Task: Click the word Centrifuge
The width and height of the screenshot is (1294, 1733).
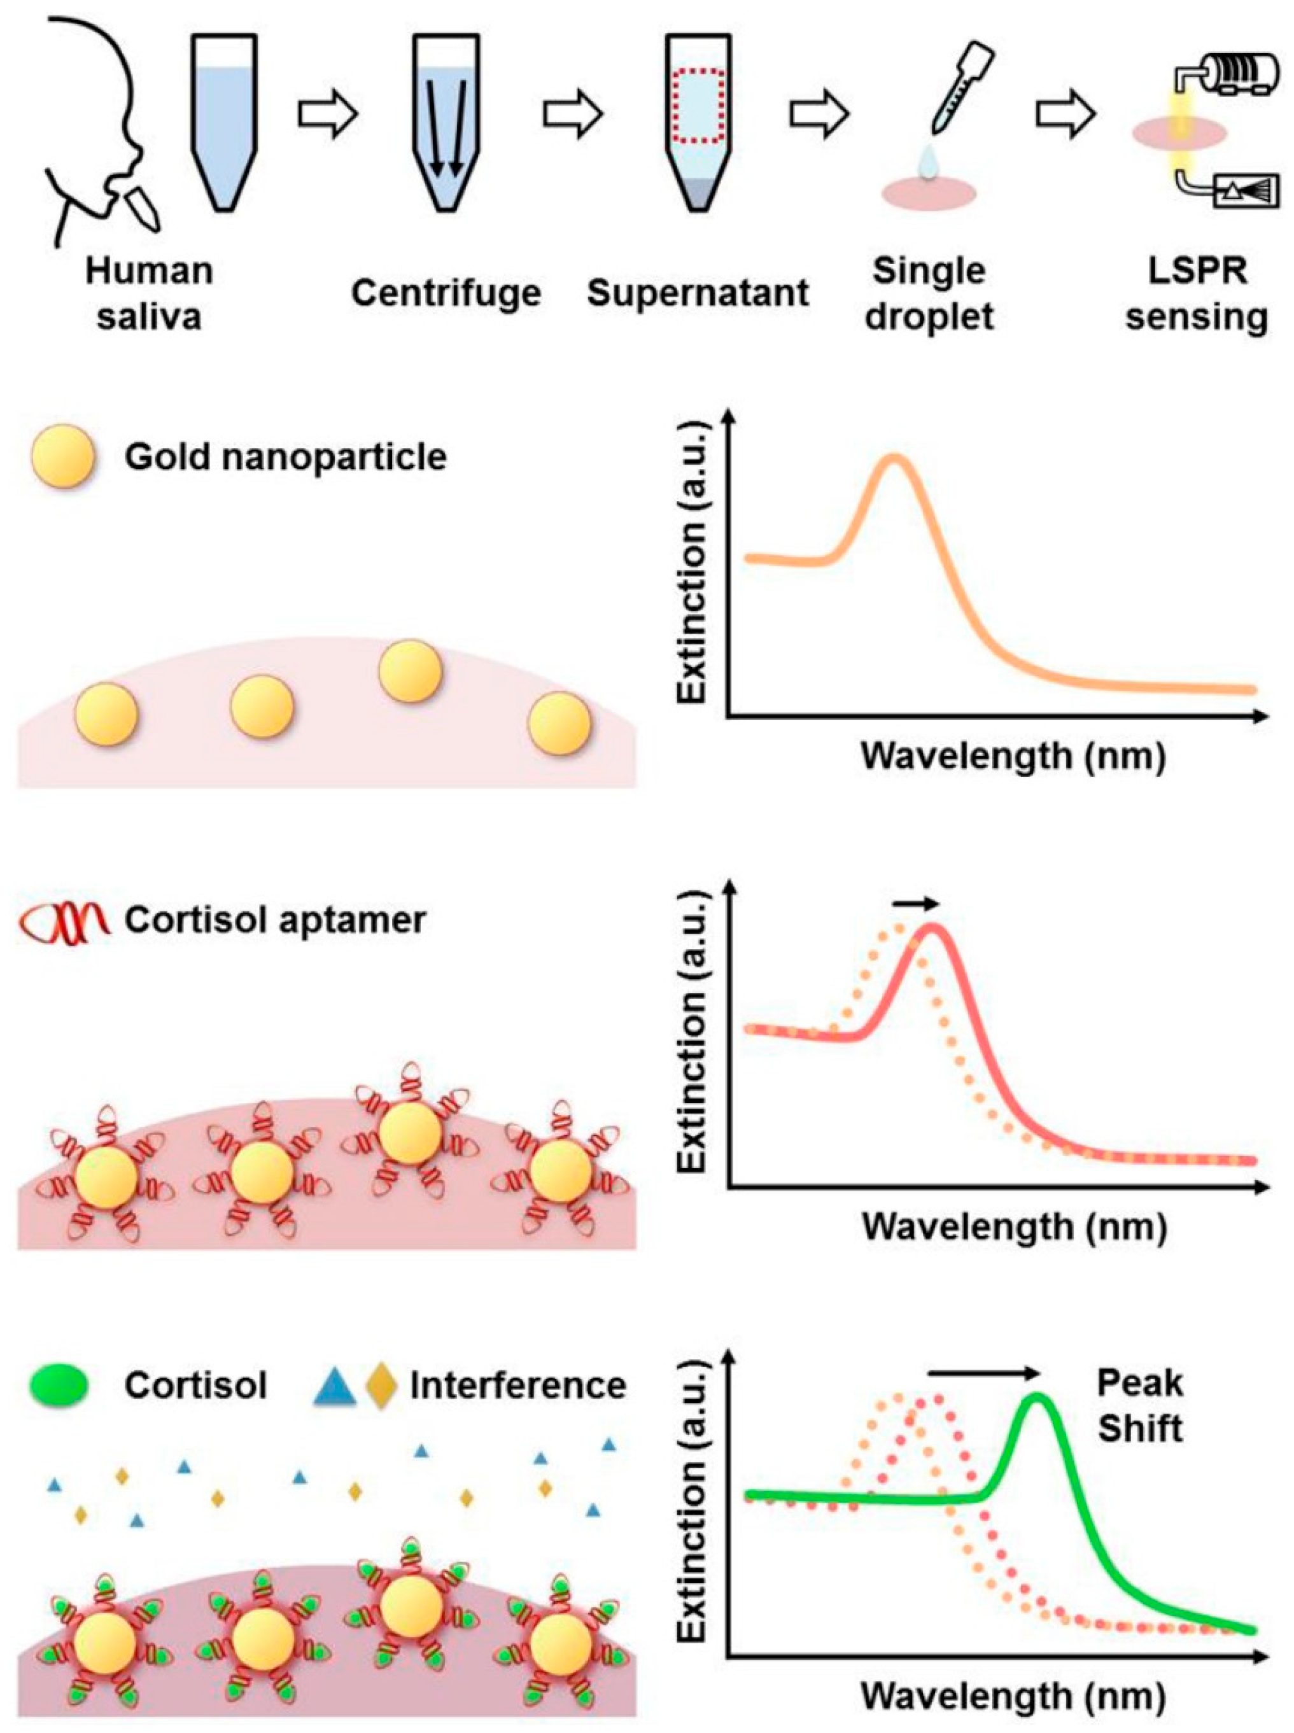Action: (446, 293)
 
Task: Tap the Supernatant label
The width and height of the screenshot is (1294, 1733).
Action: (698, 293)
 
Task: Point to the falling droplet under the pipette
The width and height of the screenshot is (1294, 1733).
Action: (929, 164)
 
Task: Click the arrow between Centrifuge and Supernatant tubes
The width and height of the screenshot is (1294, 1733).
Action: (573, 115)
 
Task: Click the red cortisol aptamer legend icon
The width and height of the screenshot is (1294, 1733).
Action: (66, 921)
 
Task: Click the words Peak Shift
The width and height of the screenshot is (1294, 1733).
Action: (1140, 1406)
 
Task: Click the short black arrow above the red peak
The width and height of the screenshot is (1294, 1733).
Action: (915, 904)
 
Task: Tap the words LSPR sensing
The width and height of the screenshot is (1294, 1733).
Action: (1196, 295)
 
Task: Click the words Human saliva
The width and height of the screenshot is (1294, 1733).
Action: (149, 295)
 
